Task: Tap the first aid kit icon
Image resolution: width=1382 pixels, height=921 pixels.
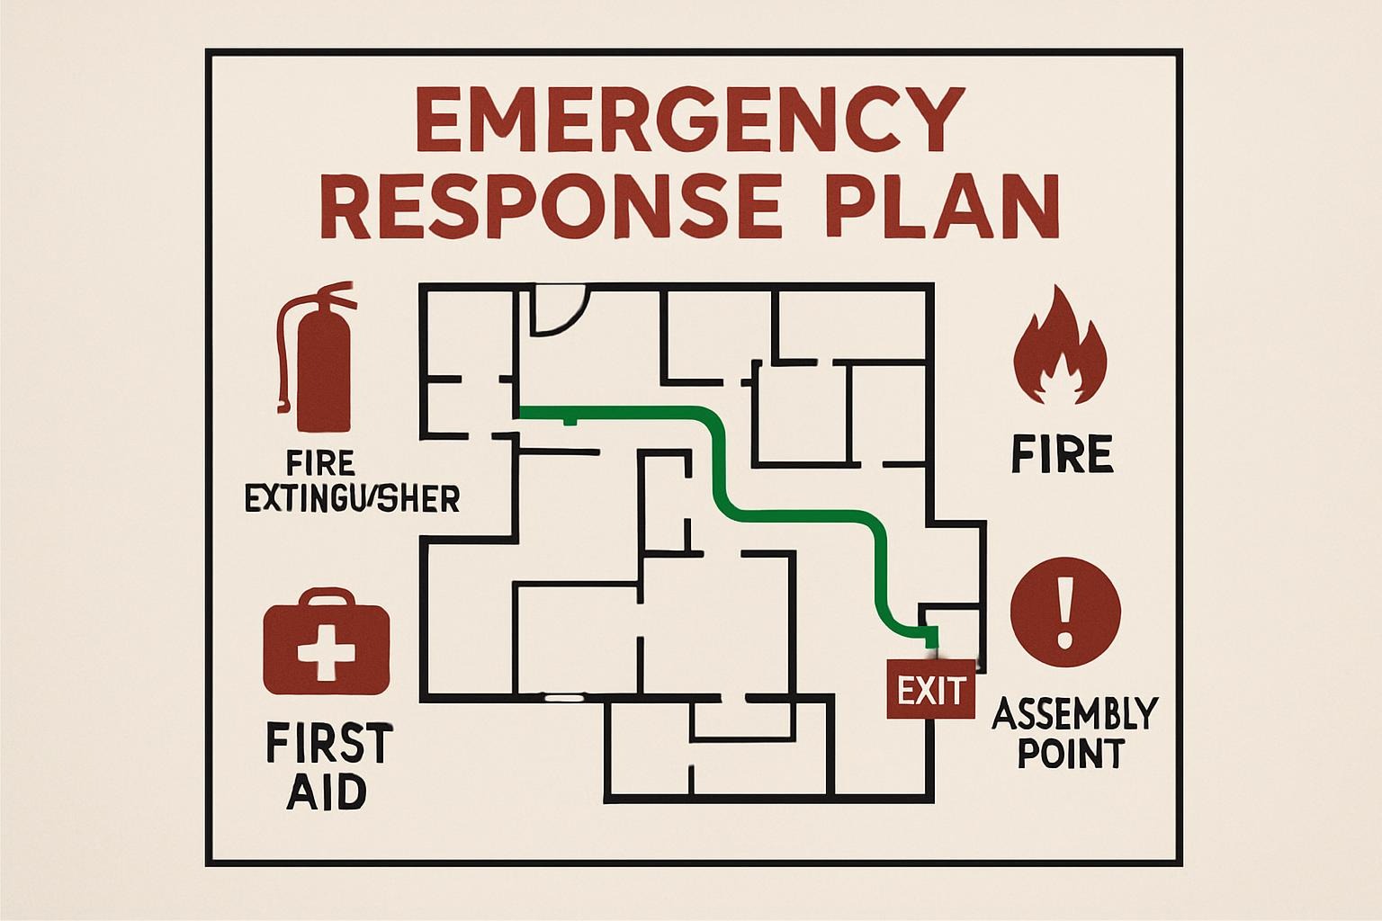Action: tap(327, 644)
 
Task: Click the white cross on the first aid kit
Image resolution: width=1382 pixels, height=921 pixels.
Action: tap(327, 649)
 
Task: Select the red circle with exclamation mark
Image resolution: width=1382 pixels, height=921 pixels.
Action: tap(1065, 612)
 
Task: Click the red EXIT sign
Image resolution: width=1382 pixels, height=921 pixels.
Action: tap(930, 690)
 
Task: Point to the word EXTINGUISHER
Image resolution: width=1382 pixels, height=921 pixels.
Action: tap(352, 497)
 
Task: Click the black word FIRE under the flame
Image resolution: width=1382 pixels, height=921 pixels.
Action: tap(1062, 453)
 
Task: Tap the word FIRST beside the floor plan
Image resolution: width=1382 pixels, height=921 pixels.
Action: tap(329, 744)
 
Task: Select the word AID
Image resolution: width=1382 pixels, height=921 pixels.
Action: tap(327, 792)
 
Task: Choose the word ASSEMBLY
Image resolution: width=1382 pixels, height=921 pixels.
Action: tap(1073, 714)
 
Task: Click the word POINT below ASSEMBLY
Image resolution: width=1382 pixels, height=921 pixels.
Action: tap(1071, 753)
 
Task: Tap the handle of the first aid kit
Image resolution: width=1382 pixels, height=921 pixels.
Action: tap(327, 597)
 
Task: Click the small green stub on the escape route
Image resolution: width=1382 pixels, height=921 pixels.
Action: tap(569, 420)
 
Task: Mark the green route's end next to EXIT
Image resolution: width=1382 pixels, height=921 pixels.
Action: tap(932, 640)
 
